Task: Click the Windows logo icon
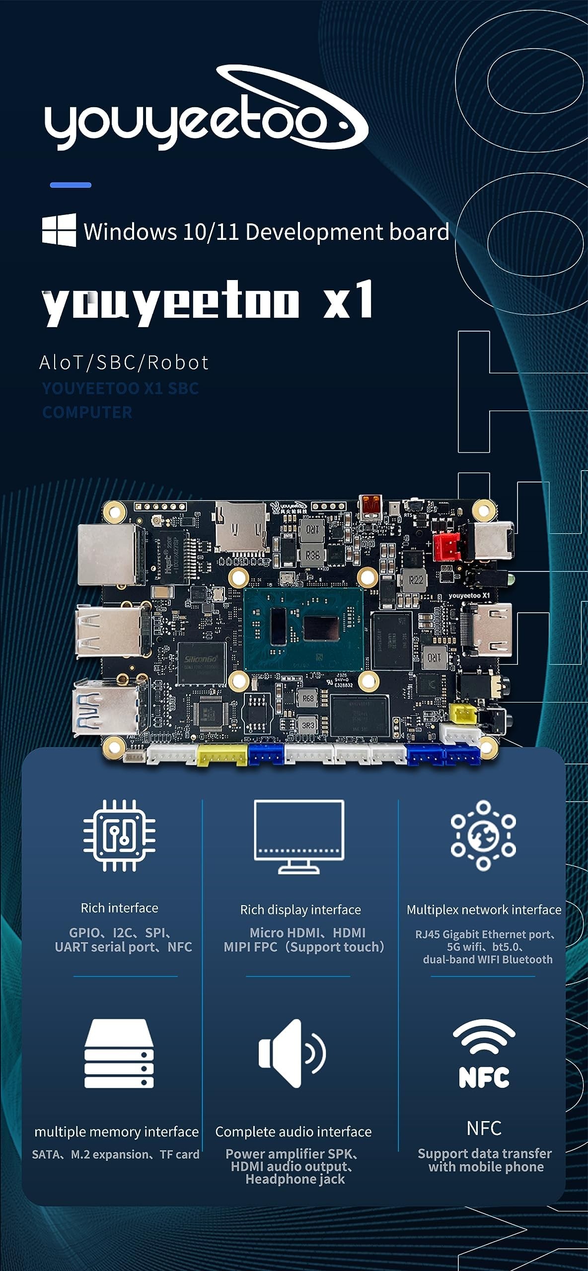click(59, 230)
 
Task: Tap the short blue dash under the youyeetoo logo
click(71, 185)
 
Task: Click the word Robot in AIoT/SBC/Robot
click(178, 363)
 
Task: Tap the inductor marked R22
click(416, 580)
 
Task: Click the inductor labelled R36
click(312, 555)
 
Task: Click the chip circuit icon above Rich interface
click(119, 836)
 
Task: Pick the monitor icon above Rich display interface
click(299, 837)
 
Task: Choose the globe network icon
click(483, 836)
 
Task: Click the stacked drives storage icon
click(119, 1054)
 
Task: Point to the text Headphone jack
click(295, 1179)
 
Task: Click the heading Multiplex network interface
click(484, 910)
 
